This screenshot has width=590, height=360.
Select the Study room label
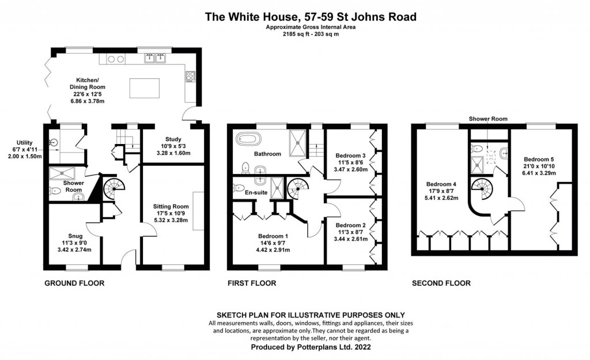tap(173, 139)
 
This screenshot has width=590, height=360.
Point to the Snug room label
tap(75, 236)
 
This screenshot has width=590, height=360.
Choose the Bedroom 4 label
tap(442, 185)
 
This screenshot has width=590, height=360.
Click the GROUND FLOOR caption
tap(74, 283)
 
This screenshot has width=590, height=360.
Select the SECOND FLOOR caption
tap(441, 283)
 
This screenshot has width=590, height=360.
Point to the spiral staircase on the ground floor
tap(113, 187)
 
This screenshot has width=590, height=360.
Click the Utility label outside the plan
tap(25, 142)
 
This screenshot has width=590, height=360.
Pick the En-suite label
tap(256, 193)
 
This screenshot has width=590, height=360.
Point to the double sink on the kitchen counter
tap(156, 58)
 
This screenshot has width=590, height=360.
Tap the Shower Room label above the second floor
tap(488, 119)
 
